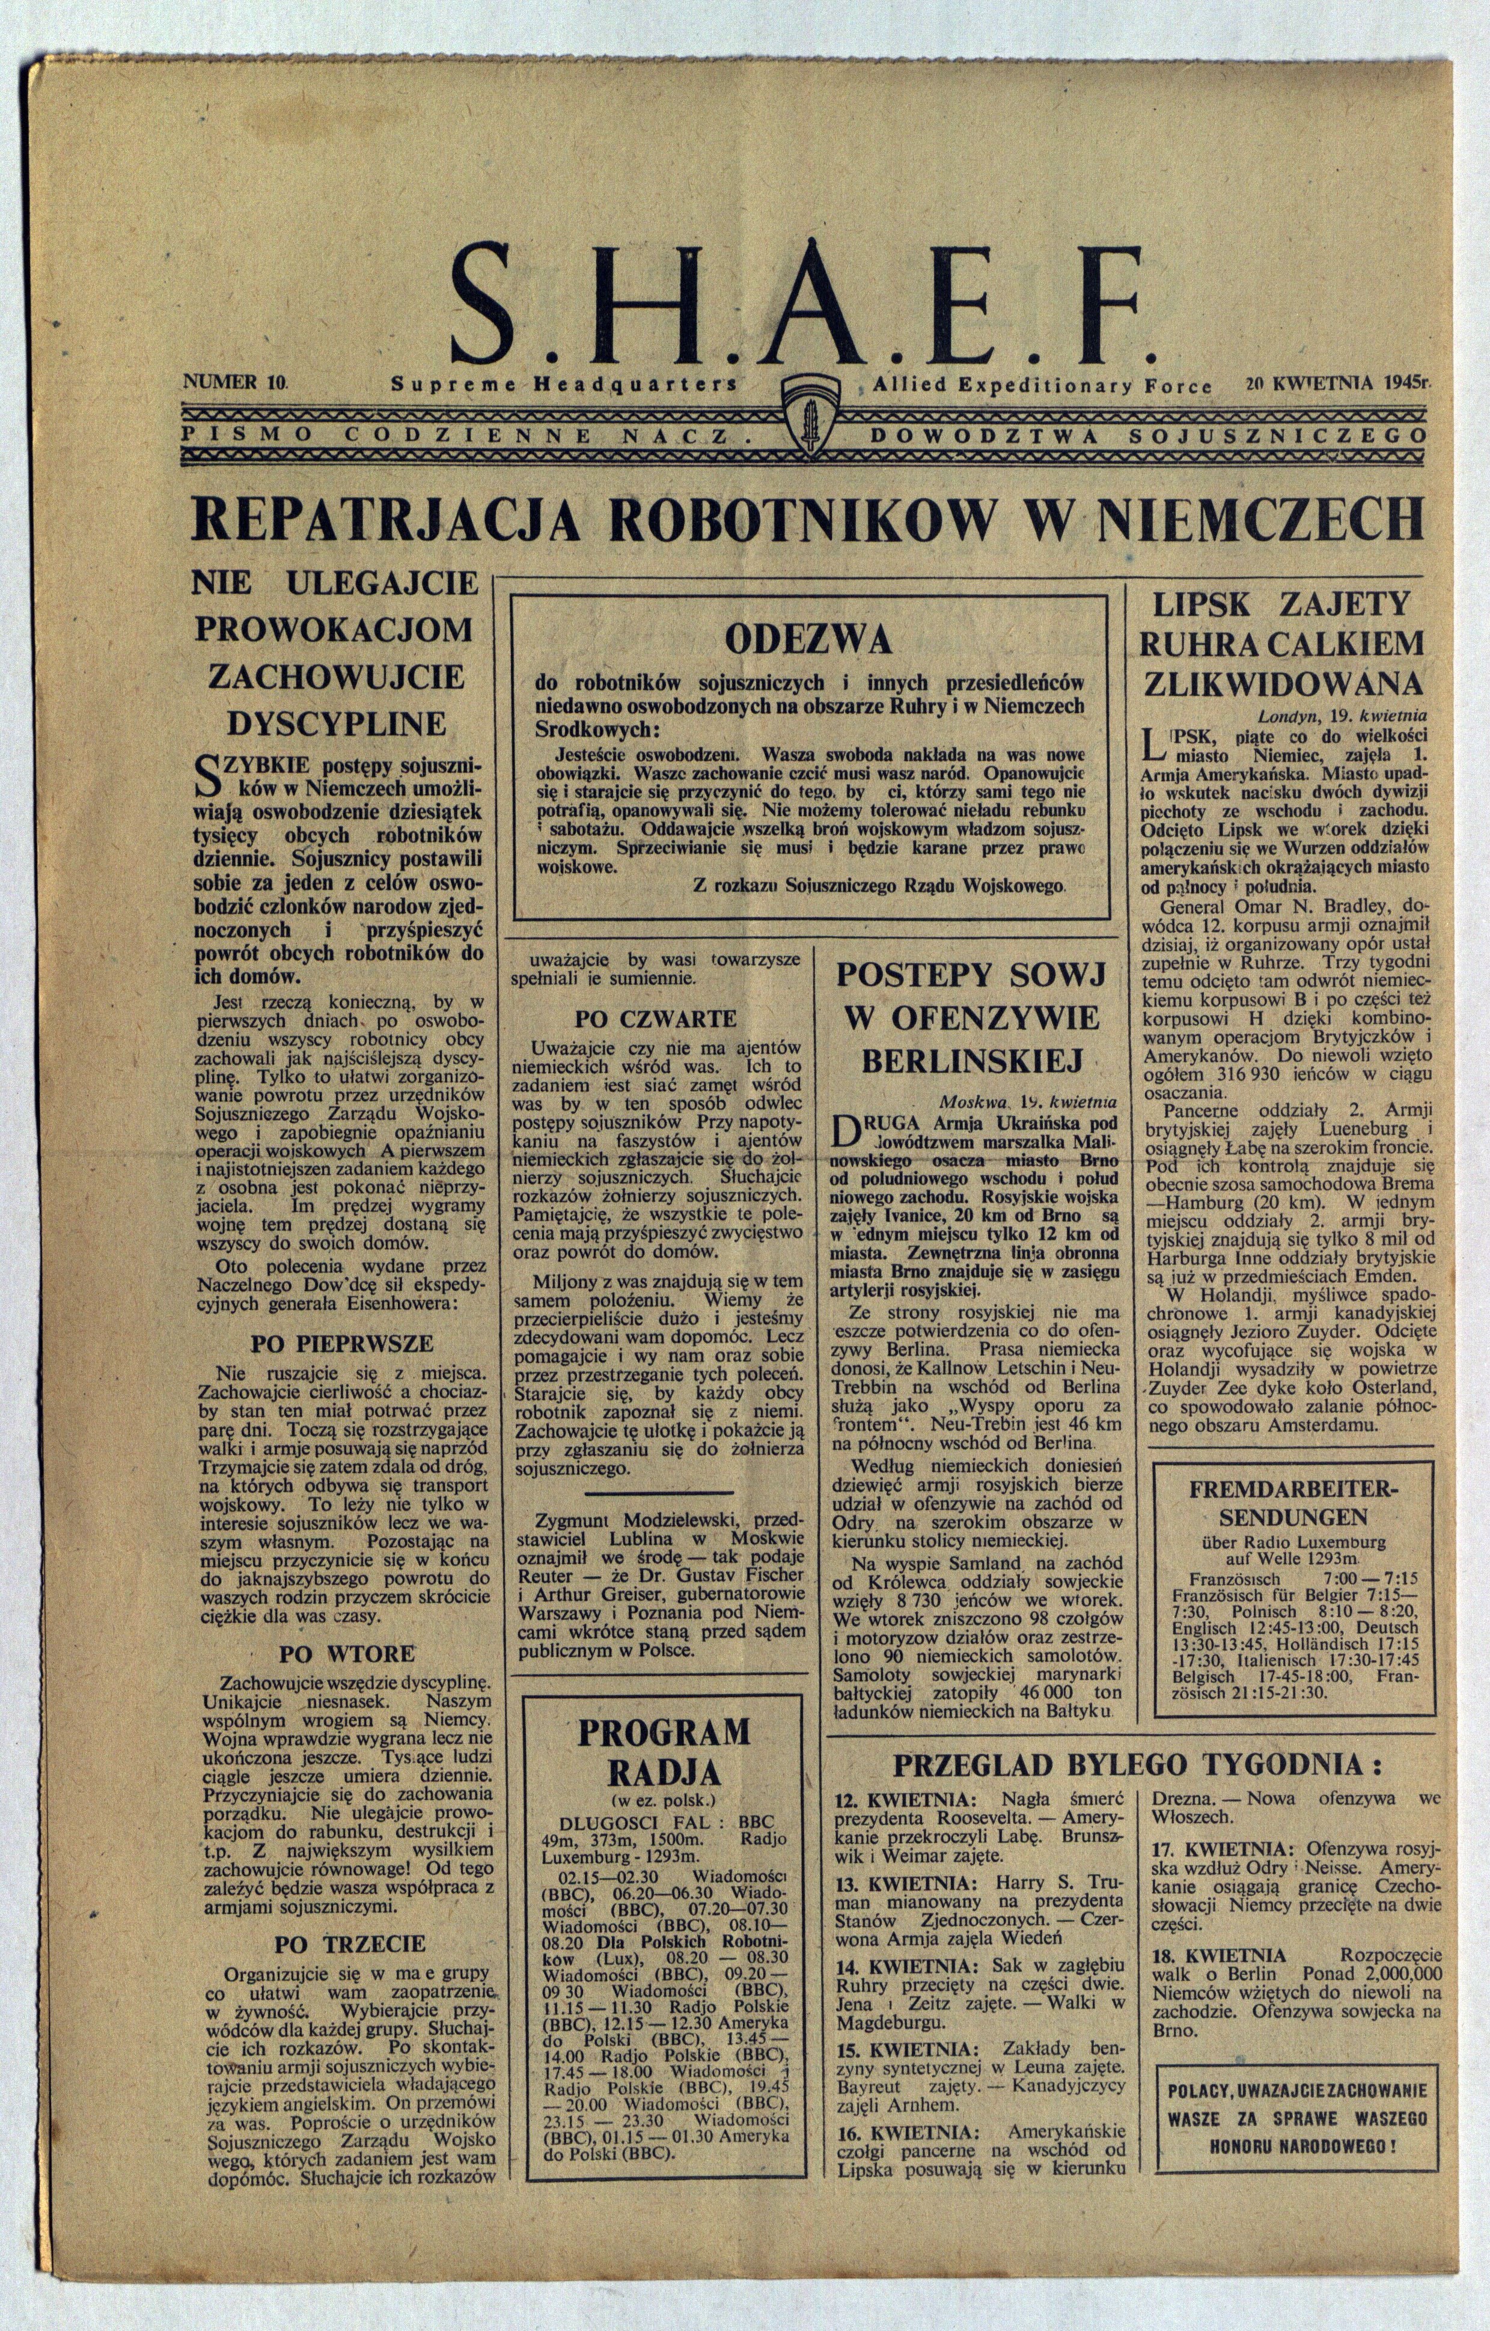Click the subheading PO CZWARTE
click(x=656, y=1019)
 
